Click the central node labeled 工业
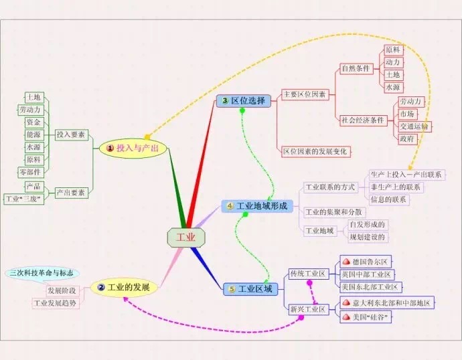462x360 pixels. tap(186, 238)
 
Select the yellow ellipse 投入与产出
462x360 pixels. tap(133, 148)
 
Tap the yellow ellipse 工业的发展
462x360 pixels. tap(124, 287)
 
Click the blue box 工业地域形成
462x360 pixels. tap(257, 206)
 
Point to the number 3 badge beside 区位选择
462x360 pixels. tap(225, 100)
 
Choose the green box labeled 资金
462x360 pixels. tap(34, 122)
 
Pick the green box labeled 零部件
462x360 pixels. tap(31, 172)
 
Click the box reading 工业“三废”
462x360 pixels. tap(24, 199)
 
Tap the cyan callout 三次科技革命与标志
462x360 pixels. tap(42, 273)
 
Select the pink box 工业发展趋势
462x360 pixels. tap(56, 303)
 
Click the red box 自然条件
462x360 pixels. tap(356, 69)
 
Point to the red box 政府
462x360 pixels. tap(408, 139)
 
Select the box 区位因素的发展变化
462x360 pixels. tap(316, 152)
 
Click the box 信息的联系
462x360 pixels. tap(389, 199)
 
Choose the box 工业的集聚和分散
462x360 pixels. tap(334, 212)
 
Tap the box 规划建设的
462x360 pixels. tap(368, 237)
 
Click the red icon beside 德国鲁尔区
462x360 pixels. tap(346, 262)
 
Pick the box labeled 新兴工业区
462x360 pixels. tap(309, 309)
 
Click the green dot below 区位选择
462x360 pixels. tap(242, 110)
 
